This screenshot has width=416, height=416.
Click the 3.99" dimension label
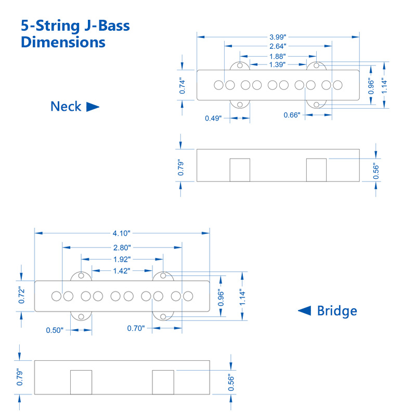coord(278,37)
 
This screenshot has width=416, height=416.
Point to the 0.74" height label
coord(182,85)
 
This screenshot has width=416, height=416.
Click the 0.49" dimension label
coord(213,118)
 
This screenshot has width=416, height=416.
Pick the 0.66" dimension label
coord(292,115)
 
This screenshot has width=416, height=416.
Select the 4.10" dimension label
coord(122,233)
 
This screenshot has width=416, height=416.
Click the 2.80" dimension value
coord(122,248)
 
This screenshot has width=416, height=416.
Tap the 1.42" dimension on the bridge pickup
coord(122,270)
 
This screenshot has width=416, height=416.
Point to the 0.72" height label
coord(21,295)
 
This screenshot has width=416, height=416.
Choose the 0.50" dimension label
coord(55,330)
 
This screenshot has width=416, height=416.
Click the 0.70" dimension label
coord(136,328)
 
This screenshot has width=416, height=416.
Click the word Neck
coord(66,107)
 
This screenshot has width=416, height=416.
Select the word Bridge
coord(337,311)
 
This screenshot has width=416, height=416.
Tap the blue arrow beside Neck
coord(93,107)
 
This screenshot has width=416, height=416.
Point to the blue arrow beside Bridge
coord(304,310)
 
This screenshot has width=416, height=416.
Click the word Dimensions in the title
coord(63,42)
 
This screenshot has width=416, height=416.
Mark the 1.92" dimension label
coord(122,259)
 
